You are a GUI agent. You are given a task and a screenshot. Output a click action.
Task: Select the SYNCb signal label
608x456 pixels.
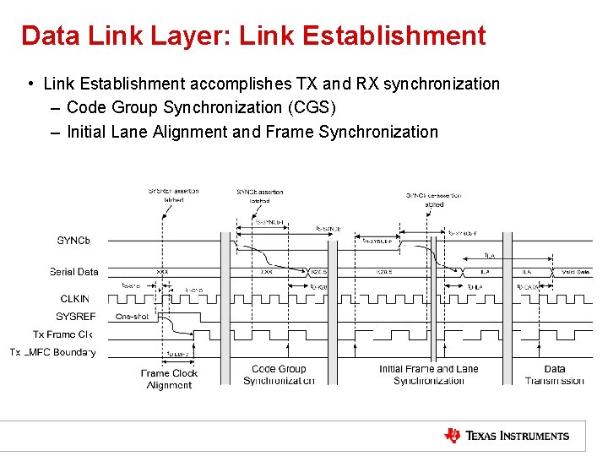pos(73,241)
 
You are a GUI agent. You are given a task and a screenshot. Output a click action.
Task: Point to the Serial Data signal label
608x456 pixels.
pos(73,272)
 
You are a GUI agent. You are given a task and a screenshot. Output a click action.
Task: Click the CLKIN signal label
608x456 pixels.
pos(74,298)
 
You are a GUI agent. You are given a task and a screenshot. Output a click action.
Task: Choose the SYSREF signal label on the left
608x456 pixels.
pos(75,317)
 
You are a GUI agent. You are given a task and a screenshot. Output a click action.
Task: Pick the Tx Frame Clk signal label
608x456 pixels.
pos(62,334)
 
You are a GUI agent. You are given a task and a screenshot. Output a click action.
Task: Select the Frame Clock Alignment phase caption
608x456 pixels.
pos(169,379)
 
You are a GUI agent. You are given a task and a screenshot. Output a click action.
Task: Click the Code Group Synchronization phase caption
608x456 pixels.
pos(279,375)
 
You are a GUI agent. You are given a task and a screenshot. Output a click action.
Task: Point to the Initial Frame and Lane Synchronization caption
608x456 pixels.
pos(429,375)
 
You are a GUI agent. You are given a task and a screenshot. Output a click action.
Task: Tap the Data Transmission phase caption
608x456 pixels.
pos(554,375)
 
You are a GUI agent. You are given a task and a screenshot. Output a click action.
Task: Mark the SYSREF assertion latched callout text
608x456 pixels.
pos(174,195)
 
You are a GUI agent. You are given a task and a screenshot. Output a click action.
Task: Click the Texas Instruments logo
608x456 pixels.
pos(507,436)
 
